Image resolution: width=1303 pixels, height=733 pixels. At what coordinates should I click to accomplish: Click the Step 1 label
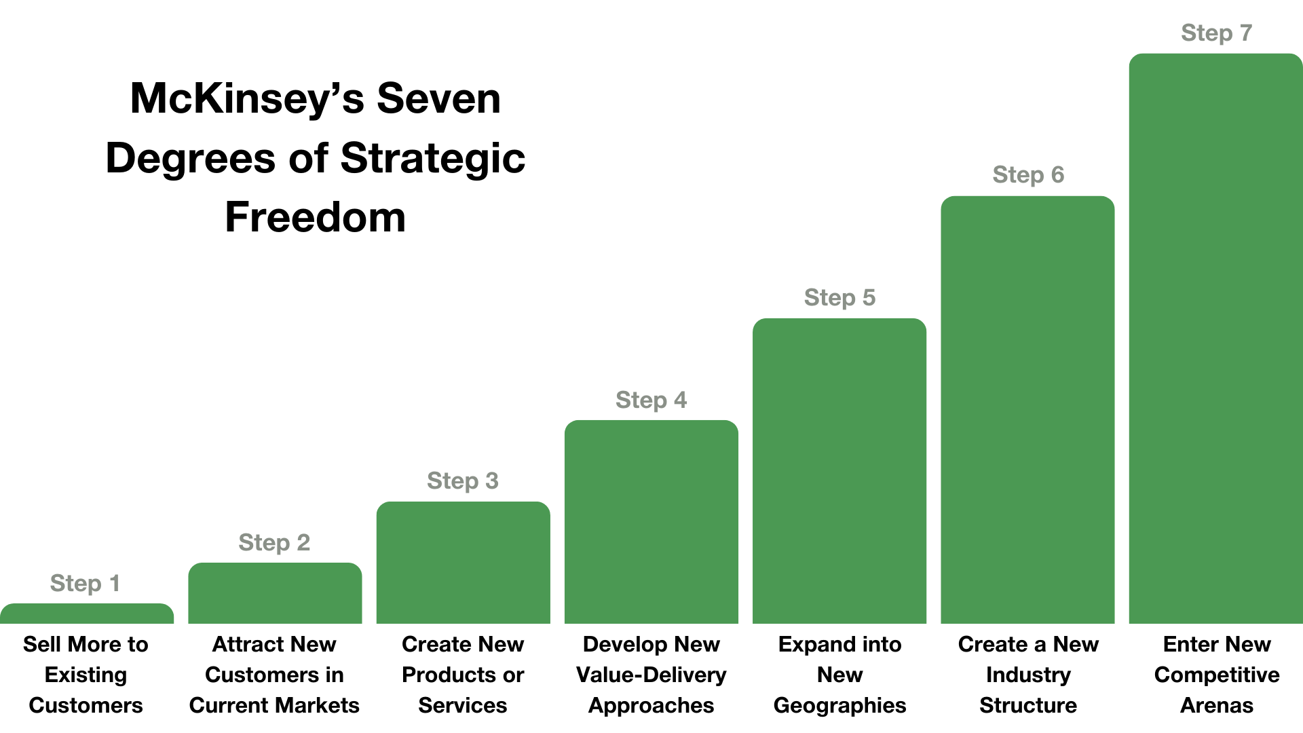pyautogui.click(x=85, y=583)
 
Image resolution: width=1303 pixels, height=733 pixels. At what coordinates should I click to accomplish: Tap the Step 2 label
pyautogui.click(x=274, y=542)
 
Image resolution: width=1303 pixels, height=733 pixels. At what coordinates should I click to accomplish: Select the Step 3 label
pyautogui.click(x=463, y=481)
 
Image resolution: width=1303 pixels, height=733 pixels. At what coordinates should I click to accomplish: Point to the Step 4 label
pyautogui.click(x=651, y=400)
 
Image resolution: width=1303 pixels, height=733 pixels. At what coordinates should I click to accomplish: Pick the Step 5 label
pyautogui.click(x=839, y=297)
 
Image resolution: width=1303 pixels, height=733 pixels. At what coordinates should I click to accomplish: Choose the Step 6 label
pyautogui.click(x=1028, y=174)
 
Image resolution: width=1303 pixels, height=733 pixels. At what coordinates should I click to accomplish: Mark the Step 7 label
pyautogui.click(x=1216, y=33)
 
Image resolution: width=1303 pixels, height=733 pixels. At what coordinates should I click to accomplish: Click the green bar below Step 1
pyautogui.click(x=87, y=614)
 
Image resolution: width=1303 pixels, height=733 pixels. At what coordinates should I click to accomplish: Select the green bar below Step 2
pyautogui.click(x=275, y=594)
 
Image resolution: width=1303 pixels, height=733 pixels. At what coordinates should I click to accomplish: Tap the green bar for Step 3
pyautogui.click(x=463, y=563)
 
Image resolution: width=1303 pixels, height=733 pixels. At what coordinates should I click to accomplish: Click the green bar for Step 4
pyautogui.click(x=651, y=523)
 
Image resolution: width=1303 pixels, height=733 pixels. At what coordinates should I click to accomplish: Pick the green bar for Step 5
pyautogui.click(x=839, y=472)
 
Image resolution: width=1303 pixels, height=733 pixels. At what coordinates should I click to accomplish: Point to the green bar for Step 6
pyautogui.click(x=1027, y=411)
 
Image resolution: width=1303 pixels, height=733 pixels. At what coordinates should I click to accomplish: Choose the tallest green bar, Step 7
pyautogui.click(x=1215, y=339)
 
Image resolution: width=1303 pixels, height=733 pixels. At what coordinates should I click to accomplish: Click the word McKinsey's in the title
pyautogui.click(x=240, y=98)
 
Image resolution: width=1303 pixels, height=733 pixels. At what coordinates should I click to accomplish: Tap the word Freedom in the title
pyautogui.click(x=316, y=217)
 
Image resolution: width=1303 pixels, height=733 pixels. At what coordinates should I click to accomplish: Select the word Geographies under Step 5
pyautogui.click(x=839, y=705)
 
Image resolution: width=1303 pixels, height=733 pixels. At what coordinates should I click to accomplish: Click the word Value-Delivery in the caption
pyautogui.click(x=651, y=675)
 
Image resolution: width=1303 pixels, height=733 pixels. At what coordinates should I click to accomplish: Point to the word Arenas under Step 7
pyautogui.click(x=1216, y=705)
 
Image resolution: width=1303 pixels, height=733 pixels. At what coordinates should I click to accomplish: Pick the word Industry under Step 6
pyautogui.click(x=1028, y=675)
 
